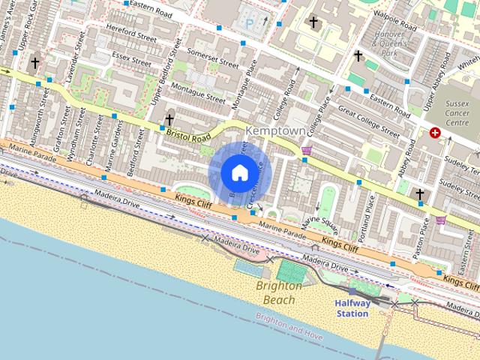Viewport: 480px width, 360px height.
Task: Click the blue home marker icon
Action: pos(238,172)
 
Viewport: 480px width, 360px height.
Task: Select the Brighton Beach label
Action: pos(279,292)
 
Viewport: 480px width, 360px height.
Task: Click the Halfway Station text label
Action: pos(352,308)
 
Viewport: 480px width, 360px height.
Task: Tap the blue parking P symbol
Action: pos(250,24)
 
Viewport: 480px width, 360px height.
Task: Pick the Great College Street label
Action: pos(368,121)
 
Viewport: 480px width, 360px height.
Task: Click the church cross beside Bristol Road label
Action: pos(169,119)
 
